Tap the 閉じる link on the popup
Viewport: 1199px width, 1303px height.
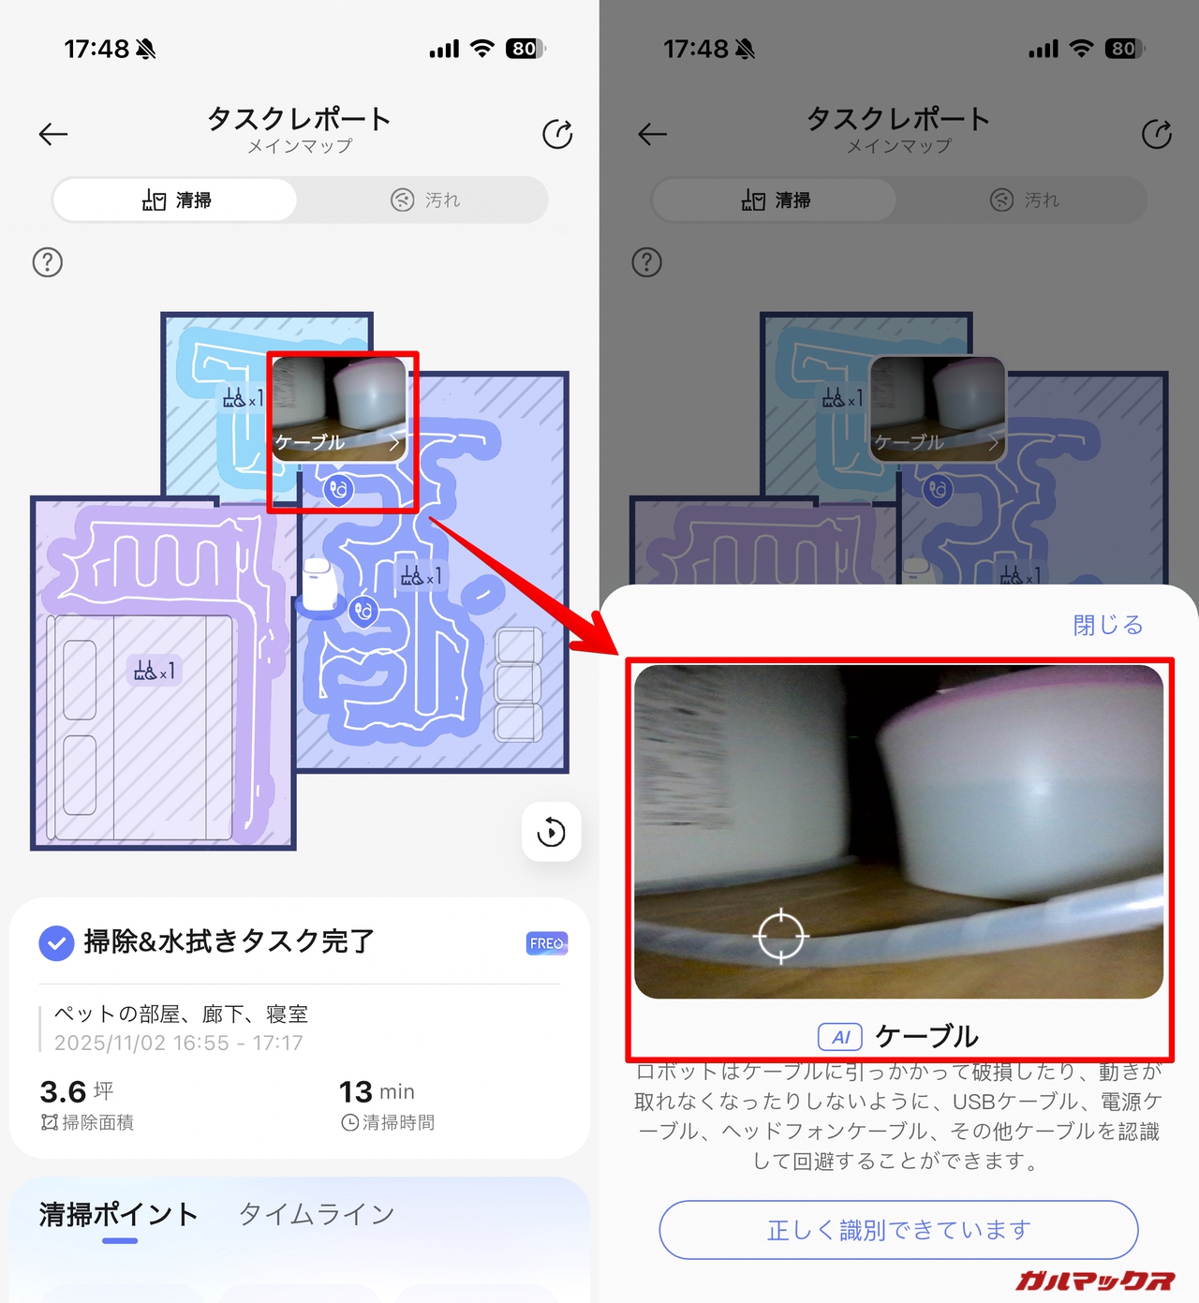(x=1107, y=625)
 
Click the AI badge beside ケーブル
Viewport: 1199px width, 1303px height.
(x=840, y=1037)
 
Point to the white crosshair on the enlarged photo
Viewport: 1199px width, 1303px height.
(x=780, y=936)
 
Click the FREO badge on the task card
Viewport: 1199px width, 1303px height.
(x=546, y=943)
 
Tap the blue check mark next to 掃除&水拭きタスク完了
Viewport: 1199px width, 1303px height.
(x=56, y=943)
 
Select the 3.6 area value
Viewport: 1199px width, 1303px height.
(x=63, y=1092)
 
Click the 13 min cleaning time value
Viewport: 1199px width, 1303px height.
(x=377, y=1092)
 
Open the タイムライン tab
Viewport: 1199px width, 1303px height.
(x=317, y=1213)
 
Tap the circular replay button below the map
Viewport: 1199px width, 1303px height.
(x=551, y=832)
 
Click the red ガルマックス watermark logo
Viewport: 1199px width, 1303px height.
(x=1095, y=1280)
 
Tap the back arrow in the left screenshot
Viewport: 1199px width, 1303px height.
(x=53, y=134)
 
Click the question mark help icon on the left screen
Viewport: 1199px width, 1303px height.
(x=48, y=262)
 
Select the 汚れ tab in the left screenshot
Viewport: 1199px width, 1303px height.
(x=425, y=200)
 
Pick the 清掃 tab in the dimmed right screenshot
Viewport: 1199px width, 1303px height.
(x=776, y=200)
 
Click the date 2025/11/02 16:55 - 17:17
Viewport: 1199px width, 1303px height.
(x=178, y=1043)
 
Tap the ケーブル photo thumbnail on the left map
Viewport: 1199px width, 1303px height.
(x=339, y=408)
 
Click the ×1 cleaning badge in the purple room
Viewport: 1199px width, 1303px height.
(x=155, y=670)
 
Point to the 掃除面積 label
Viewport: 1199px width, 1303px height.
(x=88, y=1122)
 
